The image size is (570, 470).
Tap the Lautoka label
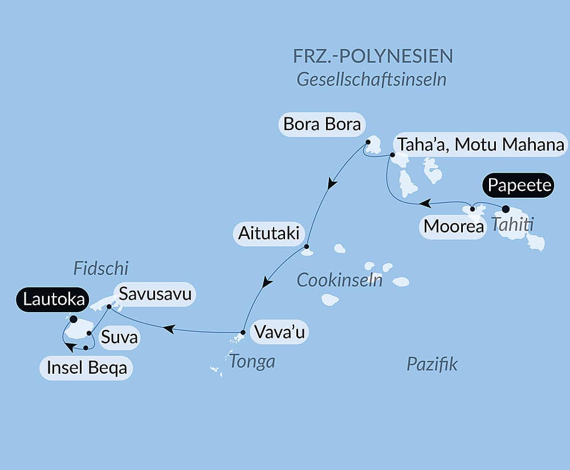(x=52, y=299)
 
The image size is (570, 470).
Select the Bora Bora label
(x=322, y=124)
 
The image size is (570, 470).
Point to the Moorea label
(x=453, y=227)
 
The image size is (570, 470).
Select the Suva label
(x=119, y=338)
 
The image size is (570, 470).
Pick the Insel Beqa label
(x=86, y=367)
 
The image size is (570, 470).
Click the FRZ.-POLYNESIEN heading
(x=373, y=56)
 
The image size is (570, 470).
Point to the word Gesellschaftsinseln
(x=371, y=79)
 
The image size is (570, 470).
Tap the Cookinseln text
(x=340, y=280)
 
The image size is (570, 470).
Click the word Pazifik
(x=432, y=364)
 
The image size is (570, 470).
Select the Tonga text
(x=252, y=361)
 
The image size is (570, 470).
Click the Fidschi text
(x=101, y=268)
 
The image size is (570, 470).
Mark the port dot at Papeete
(x=506, y=209)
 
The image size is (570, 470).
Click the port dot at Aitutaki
(x=307, y=247)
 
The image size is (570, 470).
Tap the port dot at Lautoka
(x=73, y=319)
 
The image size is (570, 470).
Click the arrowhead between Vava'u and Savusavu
(x=168, y=328)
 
